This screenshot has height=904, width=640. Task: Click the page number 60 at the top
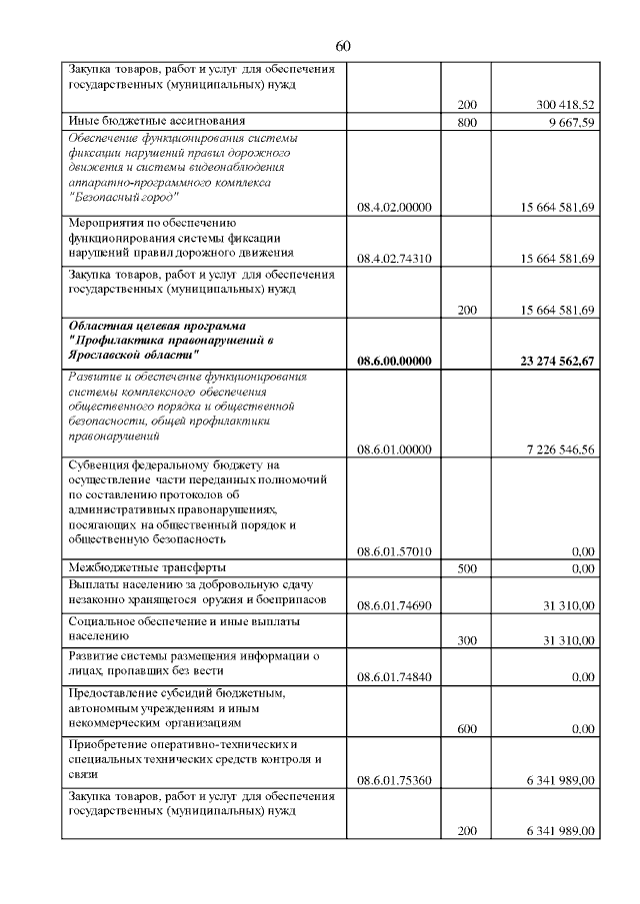(343, 46)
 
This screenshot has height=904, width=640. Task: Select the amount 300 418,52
(565, 104)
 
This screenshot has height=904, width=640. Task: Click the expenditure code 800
(466, 122)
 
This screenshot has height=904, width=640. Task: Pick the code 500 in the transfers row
(466, 568)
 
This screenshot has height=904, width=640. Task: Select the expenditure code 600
(466, 729)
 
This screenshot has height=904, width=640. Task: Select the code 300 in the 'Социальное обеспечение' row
(466, 640)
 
